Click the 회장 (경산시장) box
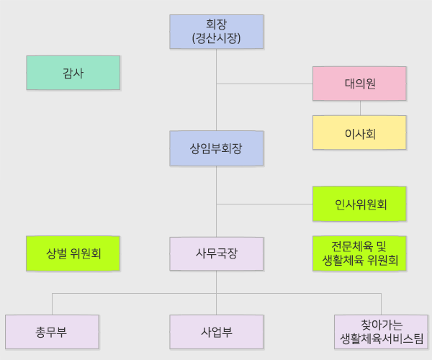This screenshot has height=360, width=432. pyautogui.click(x=217, y=32)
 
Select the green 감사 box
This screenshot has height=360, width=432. pyautogui.click(x=73, y=73)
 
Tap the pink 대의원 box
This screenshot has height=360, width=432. pyautogui.click(x=359, y=84)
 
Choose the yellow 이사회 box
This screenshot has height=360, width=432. pyautogui.click(x=359, y=132)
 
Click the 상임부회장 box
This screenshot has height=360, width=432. pyautogui.click(x=217, y=148)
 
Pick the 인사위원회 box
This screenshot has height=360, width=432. pyautogui.click(x=359, y=204)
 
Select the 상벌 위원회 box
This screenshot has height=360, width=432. pyautogui.click(x=73, y=253)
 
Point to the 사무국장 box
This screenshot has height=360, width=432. pyautogui.click(x=217, y=253)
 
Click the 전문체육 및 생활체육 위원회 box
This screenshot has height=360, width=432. pyautogui.click(x=359, y=253)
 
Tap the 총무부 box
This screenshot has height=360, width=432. pyautogui.click(x=52, y=332)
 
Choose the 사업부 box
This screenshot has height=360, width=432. pyautogui.click(x=217, y=332)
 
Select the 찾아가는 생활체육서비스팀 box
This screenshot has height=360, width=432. pyautogui.click(x=381, y=332)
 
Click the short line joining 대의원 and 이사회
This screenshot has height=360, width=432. pyautogui.click(x=360, y=108)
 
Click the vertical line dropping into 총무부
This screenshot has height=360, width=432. pyautogui.click(x=52, y=304)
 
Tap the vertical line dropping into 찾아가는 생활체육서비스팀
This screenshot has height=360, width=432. pyautogui.click(x=381, y=304)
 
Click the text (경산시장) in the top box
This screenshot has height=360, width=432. pyautogui.click(x=217, y=38)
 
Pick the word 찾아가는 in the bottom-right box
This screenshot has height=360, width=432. pyautogui.click(x=381, y=325)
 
